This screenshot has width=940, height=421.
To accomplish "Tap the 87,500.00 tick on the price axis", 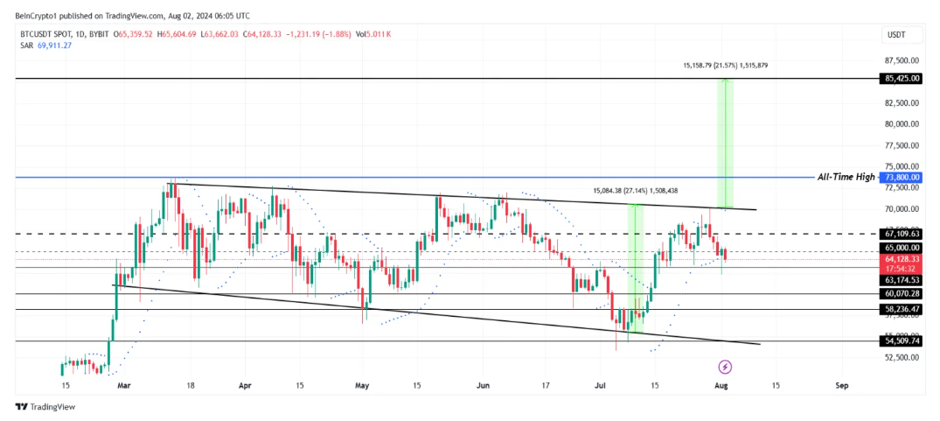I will (901, 60).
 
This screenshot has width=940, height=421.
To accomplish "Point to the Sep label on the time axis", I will (841, 384).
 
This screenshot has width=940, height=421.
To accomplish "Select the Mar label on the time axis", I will (123, 384).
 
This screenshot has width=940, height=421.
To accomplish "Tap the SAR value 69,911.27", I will (53, 46).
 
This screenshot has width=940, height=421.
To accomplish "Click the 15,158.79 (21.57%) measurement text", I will (725, 65).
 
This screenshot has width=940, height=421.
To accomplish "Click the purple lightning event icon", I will (725, 366).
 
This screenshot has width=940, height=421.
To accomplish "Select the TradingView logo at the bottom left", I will (45, 406).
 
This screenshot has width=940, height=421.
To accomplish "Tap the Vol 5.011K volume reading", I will (373, 34).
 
